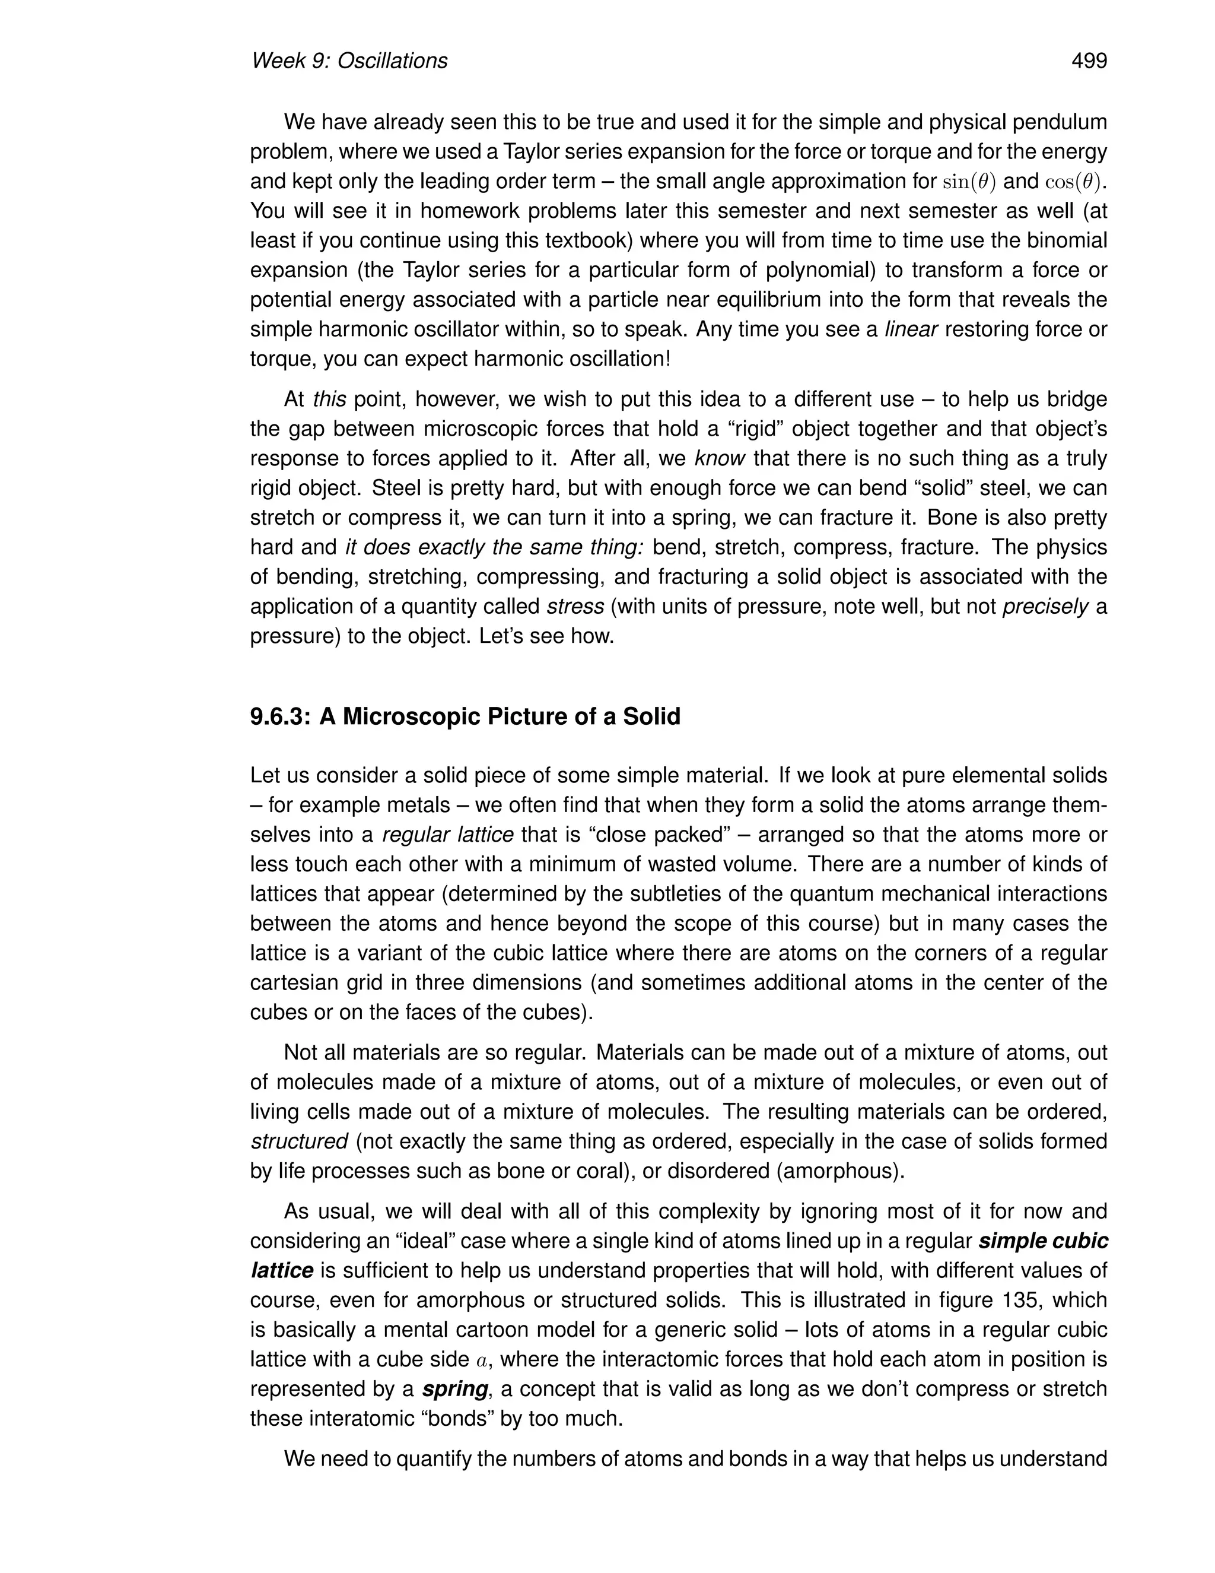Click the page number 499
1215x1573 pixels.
coord(1089,61)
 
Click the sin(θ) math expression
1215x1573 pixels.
coord(969,182)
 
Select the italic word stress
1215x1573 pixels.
coord(575,607)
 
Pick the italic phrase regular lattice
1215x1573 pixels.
coord(448,835)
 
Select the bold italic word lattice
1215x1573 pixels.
coord(281,1270)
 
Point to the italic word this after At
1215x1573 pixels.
coord(330,399)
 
